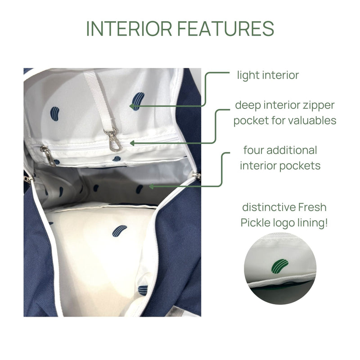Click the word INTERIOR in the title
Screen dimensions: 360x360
point(129,29)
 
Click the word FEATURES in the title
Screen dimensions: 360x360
point(226,29)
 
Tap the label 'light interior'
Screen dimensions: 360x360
point(268,75)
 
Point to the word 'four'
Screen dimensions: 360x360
point(253,150)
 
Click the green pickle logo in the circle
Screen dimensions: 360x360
point(280,266)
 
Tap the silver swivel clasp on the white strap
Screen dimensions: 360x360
point(113,140)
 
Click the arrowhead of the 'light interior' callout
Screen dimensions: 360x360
point(132,106)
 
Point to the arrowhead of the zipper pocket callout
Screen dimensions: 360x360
point(132,144)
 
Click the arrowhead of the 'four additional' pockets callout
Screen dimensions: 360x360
point(151,186)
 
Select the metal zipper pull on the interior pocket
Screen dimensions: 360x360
point(48,156)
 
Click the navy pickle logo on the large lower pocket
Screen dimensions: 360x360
point(119,231)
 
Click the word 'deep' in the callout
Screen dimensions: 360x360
point(248,106)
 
